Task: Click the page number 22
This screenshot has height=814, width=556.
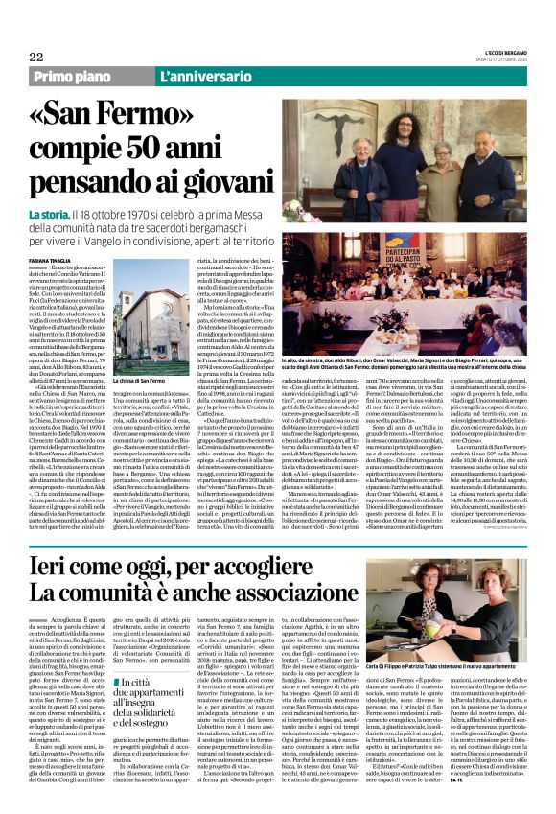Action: click(36, 57)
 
